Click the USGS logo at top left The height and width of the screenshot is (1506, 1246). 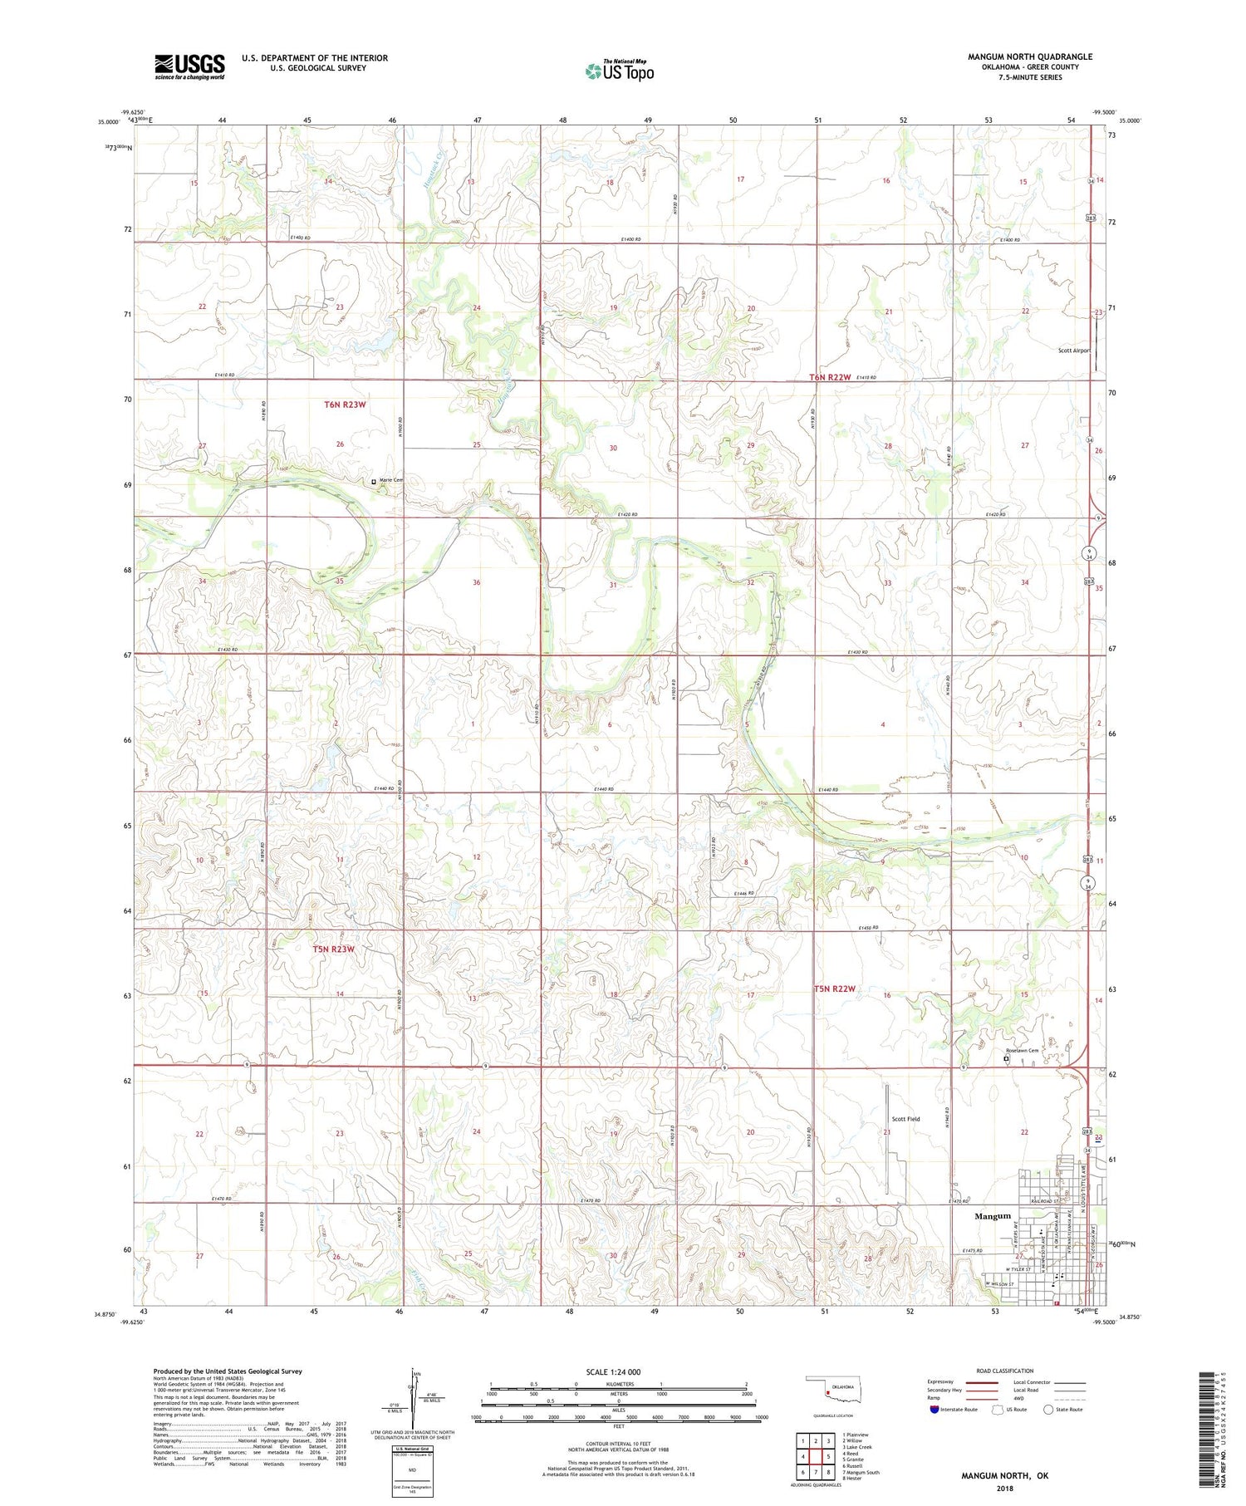pos(189,66)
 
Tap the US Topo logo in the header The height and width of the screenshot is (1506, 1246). pos(619,71)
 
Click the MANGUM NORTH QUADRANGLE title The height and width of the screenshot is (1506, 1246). pos(1029,56)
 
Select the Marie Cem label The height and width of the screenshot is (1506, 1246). pos(391,480)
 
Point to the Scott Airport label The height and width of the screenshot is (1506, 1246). pos(1073,351)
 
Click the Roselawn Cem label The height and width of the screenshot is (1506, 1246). pos(1022,1050)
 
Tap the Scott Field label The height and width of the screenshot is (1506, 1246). pos(905,1119)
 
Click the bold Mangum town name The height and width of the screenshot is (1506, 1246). pos(993,1215)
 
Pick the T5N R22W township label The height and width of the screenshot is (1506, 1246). pos(834,988)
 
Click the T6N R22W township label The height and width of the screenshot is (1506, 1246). pos(830,377)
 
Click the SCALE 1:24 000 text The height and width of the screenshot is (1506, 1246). pos(613,1371)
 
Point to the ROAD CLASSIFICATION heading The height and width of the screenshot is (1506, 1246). pos(1005,1371)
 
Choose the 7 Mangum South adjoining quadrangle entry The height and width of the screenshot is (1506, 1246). pos(861,1472)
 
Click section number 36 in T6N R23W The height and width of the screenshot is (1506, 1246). pos(477,582)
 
